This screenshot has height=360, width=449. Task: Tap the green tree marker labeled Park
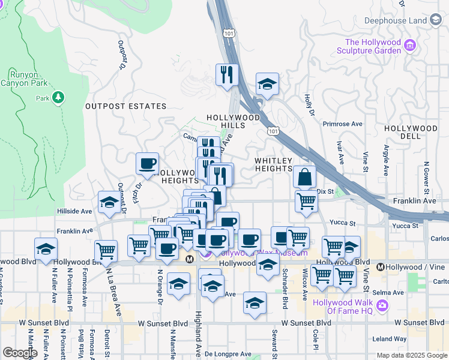click(58, 97)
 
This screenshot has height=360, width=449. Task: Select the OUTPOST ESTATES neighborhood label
click(125, 106)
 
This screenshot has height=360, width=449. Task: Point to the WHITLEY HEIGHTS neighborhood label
click(273, 165)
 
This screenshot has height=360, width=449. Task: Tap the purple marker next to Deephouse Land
click(435, 20)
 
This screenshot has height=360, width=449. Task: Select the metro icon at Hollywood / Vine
click(380, 266)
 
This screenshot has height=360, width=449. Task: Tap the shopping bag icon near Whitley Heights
click(305, 177)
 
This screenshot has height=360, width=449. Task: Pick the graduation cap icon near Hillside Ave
click(110, 203)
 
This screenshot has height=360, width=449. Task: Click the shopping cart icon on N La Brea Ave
click(106, 251)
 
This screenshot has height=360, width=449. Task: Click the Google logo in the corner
click(20, 353)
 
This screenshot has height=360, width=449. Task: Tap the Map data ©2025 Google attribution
click(412, 355)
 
